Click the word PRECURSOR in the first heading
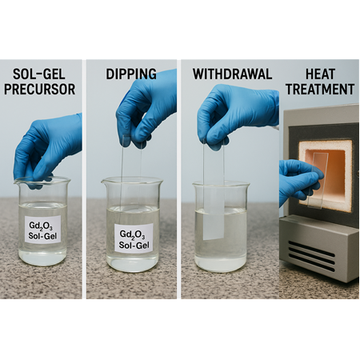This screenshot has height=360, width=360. coord(40,89)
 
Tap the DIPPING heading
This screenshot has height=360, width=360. coord(131,74)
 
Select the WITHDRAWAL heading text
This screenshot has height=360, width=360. coord(232,74)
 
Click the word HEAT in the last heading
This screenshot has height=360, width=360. coord(320,74)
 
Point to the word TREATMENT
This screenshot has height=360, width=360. coord(320,89)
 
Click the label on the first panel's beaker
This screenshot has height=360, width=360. coord(42,230)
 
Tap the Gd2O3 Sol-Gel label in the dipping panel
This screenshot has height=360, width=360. coord(134,238)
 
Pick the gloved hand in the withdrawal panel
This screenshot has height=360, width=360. coord(238,114)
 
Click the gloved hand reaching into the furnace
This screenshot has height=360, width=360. coord(300,182)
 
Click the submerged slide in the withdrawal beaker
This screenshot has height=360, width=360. coord(214,224)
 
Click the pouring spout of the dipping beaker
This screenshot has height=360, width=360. coord(105,182)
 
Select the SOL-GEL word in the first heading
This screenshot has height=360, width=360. coord(39,74)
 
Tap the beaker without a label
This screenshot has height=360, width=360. coord(221,226)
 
